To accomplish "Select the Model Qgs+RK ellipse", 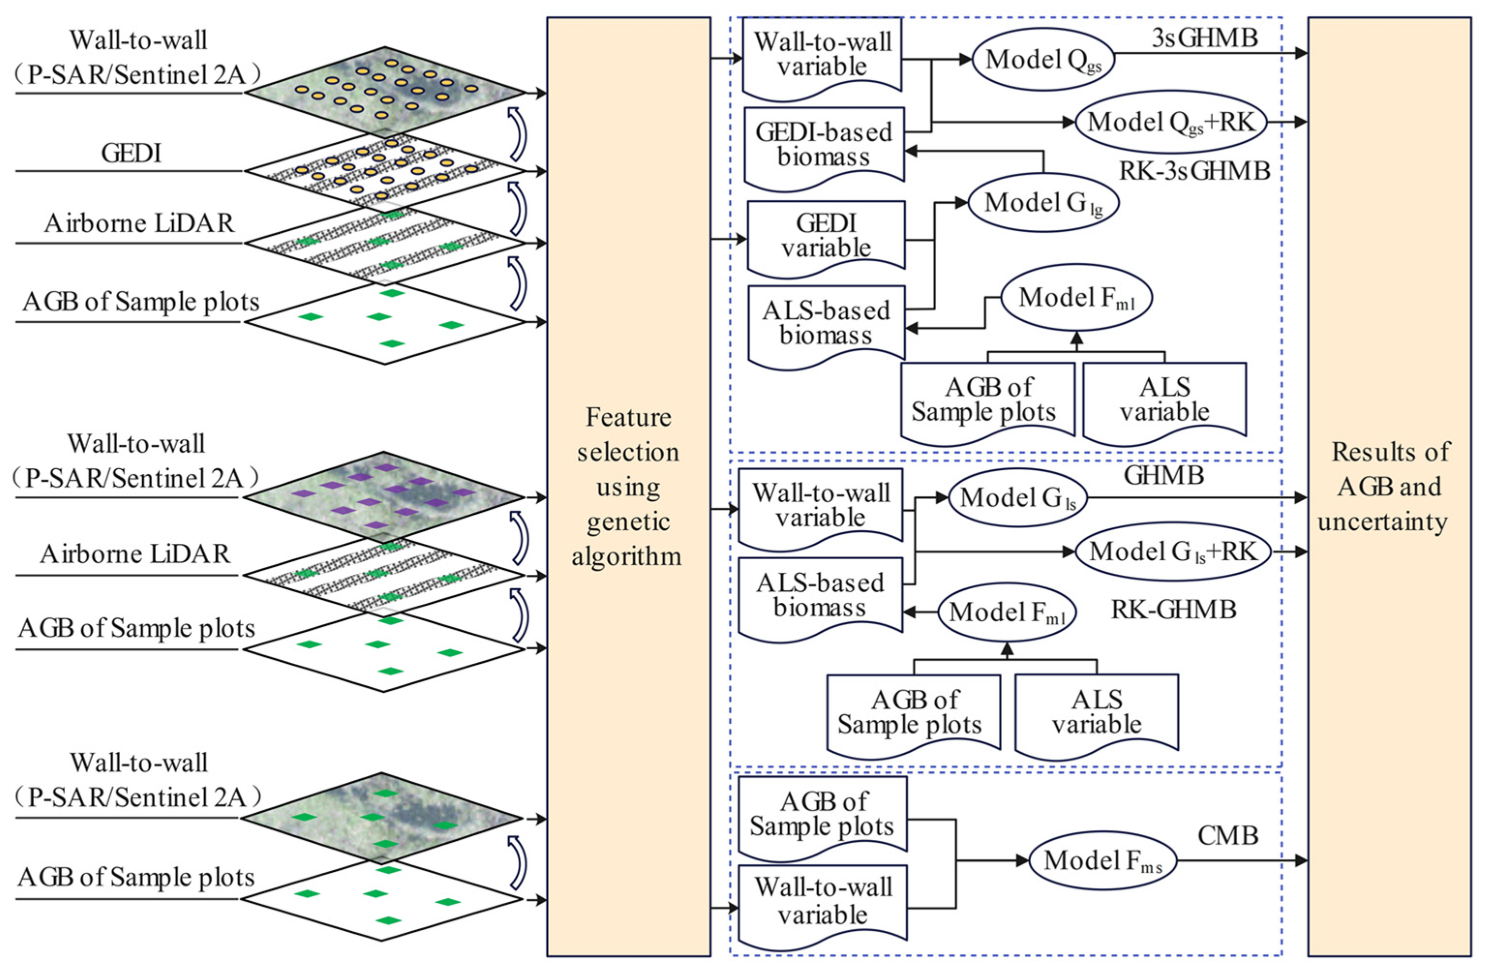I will click(1170, 122).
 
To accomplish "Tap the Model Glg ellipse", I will click(1043, 203).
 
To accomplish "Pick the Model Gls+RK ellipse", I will click(1172, 552).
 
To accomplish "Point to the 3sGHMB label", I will click(1204, 39).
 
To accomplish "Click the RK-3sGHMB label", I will click(1194, 170).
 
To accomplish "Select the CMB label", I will click(1228, 835).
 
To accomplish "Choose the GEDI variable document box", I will click(826, 237).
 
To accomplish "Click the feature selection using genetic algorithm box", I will click(628, 487).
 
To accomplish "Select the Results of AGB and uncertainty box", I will click(1389, 487).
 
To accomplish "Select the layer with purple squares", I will click(384, 497).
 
